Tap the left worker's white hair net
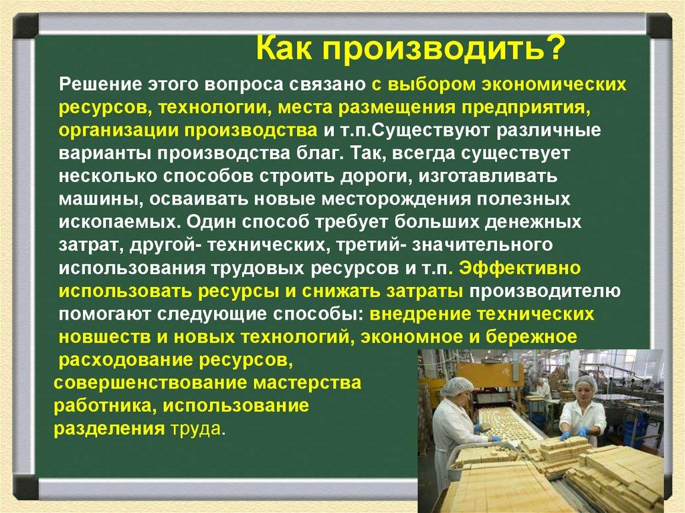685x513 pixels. click(457, 386)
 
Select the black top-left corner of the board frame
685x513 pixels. click(25, 27)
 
